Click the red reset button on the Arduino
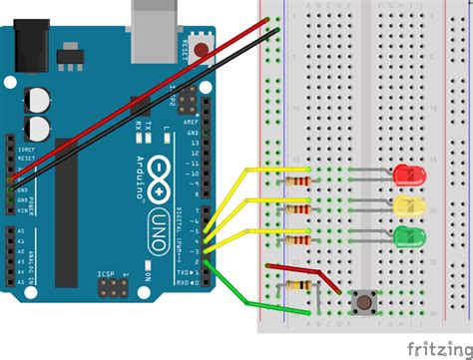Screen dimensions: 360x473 (x=204, y=47)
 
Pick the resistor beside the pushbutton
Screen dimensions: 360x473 (x=297, y=285)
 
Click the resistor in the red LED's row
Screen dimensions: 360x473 (x=297, y=181)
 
